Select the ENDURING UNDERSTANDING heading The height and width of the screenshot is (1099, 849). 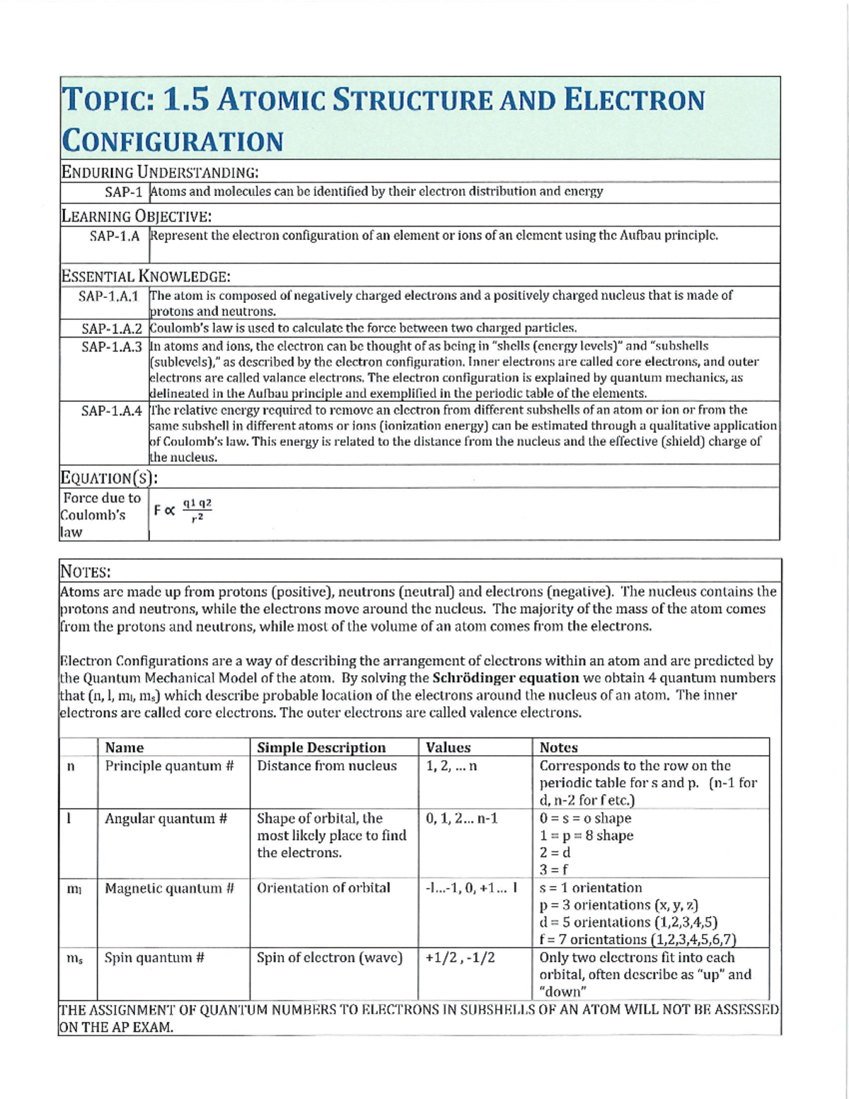click(x=160, y=172)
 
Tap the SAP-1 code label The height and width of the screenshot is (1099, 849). click(x=124, y=192)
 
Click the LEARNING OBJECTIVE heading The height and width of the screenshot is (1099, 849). click(x=137, y=217)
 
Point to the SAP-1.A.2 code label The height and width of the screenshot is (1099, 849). click(x=112, y=328)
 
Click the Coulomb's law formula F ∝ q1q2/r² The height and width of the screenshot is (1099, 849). click(x=183, y=510)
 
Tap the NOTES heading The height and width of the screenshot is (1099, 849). click(x=85, y=572)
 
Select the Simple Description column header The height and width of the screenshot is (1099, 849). click(x=321, y=747)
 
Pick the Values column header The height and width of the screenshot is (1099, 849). click(x=448, y=747)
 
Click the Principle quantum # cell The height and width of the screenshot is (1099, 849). click(x=169, y=766)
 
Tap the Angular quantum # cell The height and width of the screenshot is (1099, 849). click(x=166, y=819)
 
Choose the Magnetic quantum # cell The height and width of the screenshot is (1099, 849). click(x=169, y=888)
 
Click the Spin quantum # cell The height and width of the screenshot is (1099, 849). click(x=154, y=958)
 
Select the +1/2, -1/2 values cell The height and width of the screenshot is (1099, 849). click(x=460, y=958)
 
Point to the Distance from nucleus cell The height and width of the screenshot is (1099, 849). click(x=327, y=766)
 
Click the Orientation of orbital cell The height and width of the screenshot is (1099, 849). click(x=323, y=888)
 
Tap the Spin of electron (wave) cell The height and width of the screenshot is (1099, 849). click(x=329, y=958)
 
